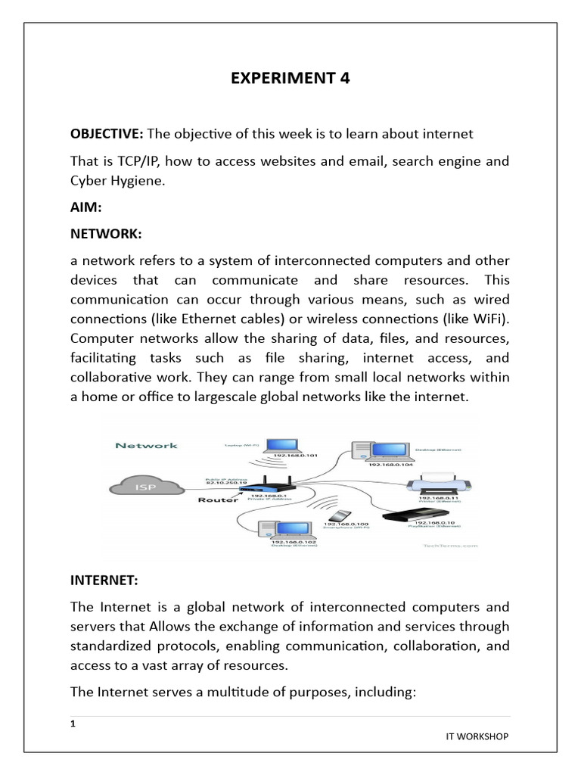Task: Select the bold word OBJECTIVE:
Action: click(x=107, y=134)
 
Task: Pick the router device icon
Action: click(x=267, y=485)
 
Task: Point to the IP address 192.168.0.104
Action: click(x=390, y=465)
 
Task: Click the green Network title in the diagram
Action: click(x=146, y=445)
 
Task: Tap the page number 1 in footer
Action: click(x=73, y=724)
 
